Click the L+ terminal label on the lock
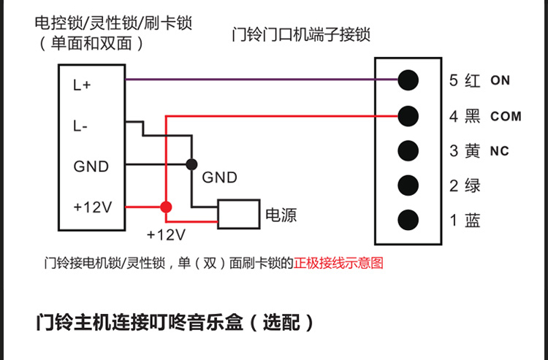(x=82, y=85)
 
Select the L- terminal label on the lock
(x=80, y=126)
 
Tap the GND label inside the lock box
(x=91, y=166)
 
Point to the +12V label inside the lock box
(x=92, y=207)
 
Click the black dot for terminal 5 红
(x=408, y=80)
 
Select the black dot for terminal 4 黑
(x=408, y=115)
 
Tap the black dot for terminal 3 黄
(x=408, y=150)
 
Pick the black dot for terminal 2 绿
(x=408, y=185)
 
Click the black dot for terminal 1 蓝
(x=408, y=220)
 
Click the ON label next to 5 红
(x=501, y=80)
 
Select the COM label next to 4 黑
(x=506, y=116)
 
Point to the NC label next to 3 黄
(x=500, y=151)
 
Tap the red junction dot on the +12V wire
(x=167, y=207)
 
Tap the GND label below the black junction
(x=219, y=177)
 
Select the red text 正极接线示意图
(x=338, y=263)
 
